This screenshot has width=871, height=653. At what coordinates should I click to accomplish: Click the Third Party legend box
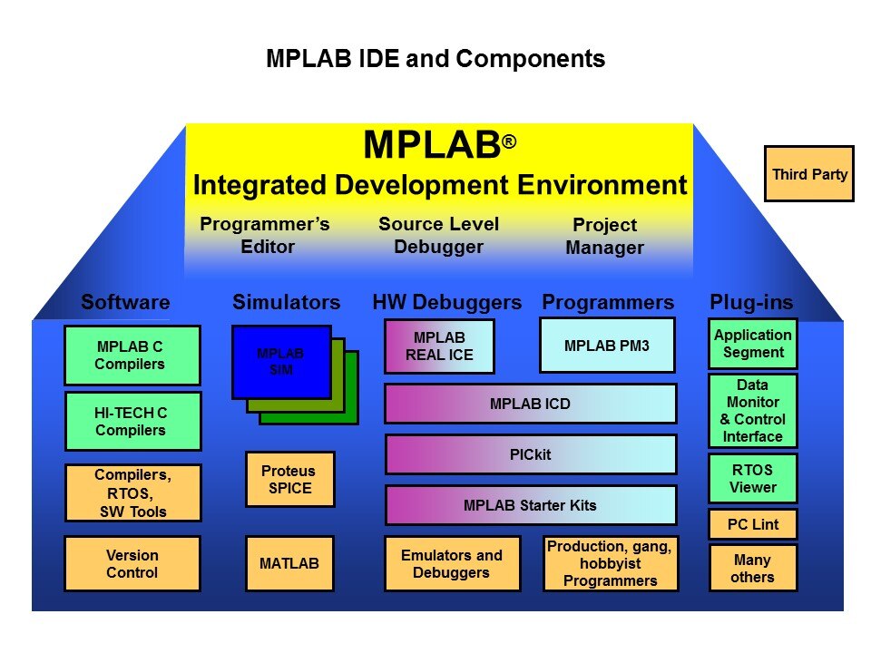point(808,173)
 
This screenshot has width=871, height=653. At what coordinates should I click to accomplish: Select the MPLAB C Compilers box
point(132,355)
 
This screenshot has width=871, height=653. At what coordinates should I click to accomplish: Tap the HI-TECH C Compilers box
point(132,421)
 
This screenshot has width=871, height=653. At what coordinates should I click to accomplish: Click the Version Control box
point(132,564)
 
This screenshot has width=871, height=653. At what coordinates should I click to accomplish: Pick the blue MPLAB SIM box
point(281,361)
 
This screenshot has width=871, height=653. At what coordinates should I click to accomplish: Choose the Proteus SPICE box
point(290,479)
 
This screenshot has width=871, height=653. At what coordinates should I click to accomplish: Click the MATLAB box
point(290,564)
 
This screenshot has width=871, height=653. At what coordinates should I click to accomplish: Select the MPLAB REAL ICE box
point(439,346)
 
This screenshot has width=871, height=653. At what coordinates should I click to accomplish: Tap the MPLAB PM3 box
point(607,345)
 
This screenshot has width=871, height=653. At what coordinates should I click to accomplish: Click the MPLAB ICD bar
point(531,404)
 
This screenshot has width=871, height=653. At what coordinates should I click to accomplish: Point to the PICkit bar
point(531,454)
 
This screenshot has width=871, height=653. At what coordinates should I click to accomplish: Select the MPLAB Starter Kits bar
point(531,505)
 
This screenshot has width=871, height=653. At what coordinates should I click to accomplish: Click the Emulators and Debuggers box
point(452,564)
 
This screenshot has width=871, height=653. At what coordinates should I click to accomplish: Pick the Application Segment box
point(753,343)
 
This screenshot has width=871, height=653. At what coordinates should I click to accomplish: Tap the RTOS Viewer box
point(753,478)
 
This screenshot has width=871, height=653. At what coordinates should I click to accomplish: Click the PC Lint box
point(753,524)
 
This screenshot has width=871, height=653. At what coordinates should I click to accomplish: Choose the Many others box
point(753,569)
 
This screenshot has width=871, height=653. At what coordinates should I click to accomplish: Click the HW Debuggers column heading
point(447,302)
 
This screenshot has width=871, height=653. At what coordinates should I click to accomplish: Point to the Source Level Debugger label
point(439,235)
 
